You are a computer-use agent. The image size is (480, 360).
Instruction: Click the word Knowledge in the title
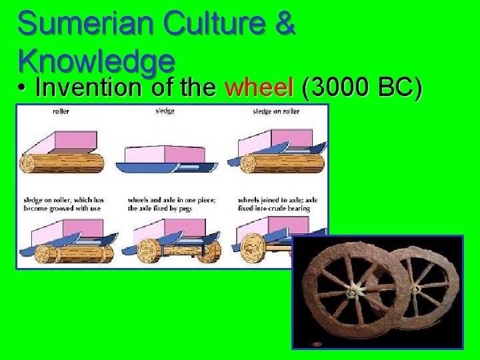pyautogui.click(x=97, y=61)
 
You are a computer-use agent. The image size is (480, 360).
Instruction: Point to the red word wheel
pyautogui.click(x=259, y=87)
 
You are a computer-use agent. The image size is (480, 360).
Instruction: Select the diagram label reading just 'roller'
pyautogui.click(x=60, y=111)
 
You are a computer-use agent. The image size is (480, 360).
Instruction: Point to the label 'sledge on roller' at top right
pyautogui.click(x=276, y=111)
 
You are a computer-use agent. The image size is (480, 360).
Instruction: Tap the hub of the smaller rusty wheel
pyautogui.click(x=415, y=289)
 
